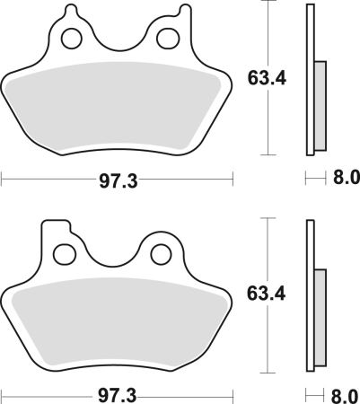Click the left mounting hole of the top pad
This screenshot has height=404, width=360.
pos(68,39)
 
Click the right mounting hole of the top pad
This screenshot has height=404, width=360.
pos(167,39)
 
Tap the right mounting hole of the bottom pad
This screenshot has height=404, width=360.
pos(162,254)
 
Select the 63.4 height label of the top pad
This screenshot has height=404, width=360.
pos(266,79)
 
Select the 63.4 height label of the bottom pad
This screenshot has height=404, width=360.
pos(266,294)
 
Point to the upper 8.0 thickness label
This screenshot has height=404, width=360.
pos(345,180)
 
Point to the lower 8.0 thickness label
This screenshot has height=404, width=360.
pos(345,395)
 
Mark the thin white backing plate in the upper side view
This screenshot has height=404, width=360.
pos(311,36)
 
